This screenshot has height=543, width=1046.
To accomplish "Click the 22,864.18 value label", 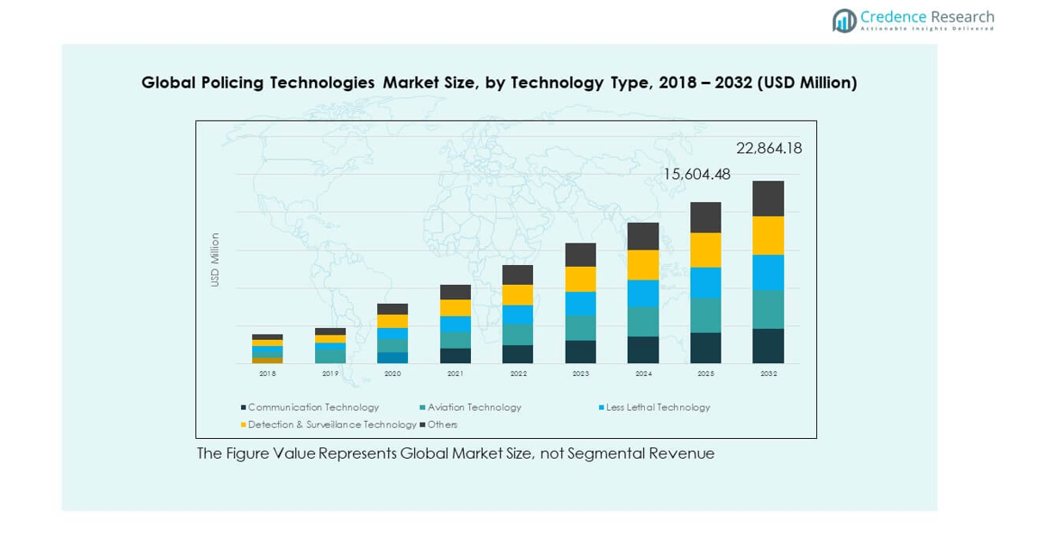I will coord(769,148).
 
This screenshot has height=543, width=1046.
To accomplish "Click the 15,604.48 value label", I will coord(696,175).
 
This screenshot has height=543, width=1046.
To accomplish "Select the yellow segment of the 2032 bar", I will coord(768,235).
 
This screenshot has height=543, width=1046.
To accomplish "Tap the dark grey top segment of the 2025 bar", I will coord(706,217).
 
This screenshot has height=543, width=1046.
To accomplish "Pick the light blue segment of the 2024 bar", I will coord(643,293).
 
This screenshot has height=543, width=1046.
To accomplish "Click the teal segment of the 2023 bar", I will coord(580,328).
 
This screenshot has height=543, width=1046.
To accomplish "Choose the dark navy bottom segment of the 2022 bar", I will coord(517,354).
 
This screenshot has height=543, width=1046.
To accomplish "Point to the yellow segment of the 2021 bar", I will coord(455,307).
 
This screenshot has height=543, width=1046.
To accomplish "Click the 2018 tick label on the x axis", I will coord(268,374).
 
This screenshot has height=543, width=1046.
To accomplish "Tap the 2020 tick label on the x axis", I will coord(393,374).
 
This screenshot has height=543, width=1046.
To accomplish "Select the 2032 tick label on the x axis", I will coord(768,374).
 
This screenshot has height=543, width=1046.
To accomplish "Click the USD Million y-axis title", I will coord(215,260).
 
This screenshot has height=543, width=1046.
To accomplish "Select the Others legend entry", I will coord(443,425).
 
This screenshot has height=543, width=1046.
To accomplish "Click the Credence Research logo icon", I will coord(845,21).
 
